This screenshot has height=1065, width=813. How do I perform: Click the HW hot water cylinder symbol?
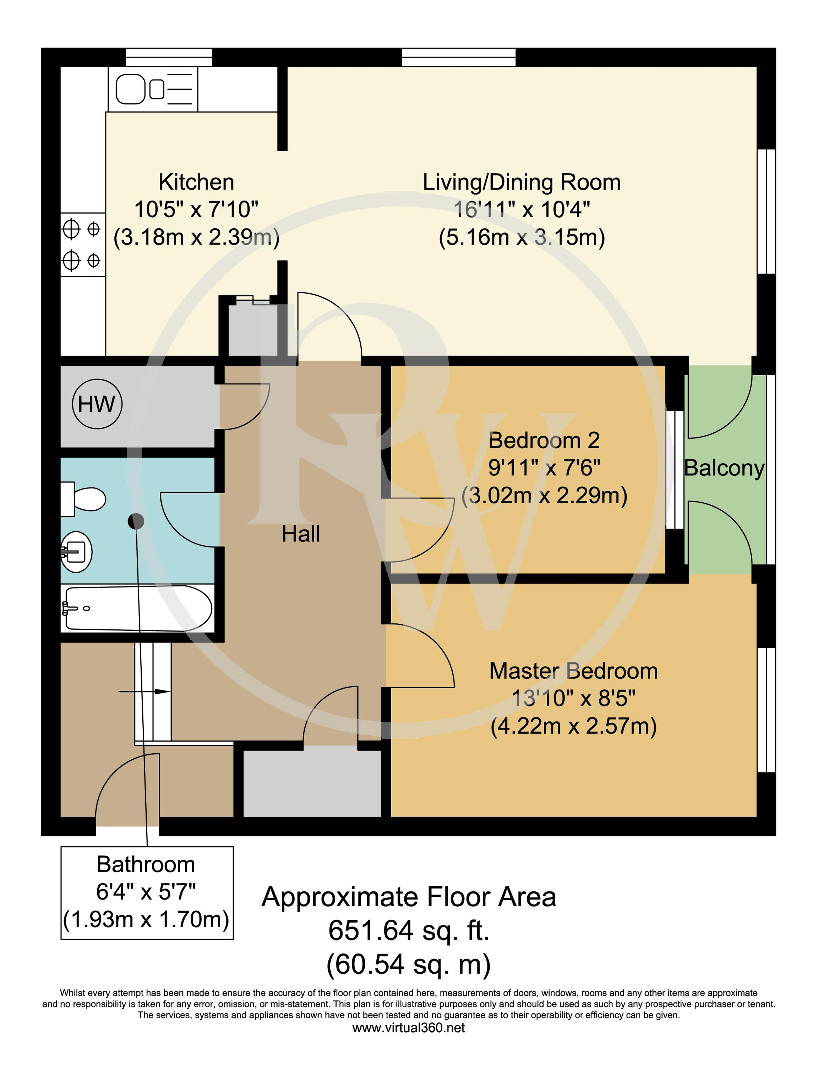tap(97, 404)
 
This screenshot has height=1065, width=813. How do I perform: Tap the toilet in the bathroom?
tap(83, 499)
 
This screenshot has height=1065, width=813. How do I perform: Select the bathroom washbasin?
tap(76, 552)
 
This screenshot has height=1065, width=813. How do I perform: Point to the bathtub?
tap(137, 608)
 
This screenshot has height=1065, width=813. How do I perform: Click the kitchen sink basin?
tap(131, 89)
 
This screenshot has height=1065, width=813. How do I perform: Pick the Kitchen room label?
tap(196, 182)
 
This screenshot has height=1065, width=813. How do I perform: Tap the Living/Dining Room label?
tap(522, 182)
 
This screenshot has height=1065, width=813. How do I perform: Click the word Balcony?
tap(725, 468)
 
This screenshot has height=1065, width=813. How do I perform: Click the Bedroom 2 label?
tap(544, 440)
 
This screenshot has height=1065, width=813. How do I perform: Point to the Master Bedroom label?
tap(573, 671)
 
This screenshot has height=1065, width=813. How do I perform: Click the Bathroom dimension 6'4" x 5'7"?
tap(146, 892)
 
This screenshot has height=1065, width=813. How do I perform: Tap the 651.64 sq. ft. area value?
tap(409, 930)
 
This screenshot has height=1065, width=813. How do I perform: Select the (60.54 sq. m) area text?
tap(409, 964)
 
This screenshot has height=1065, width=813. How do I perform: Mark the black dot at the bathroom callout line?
tap(136, 521)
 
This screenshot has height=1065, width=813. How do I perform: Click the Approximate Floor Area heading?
tap(409, 897)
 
